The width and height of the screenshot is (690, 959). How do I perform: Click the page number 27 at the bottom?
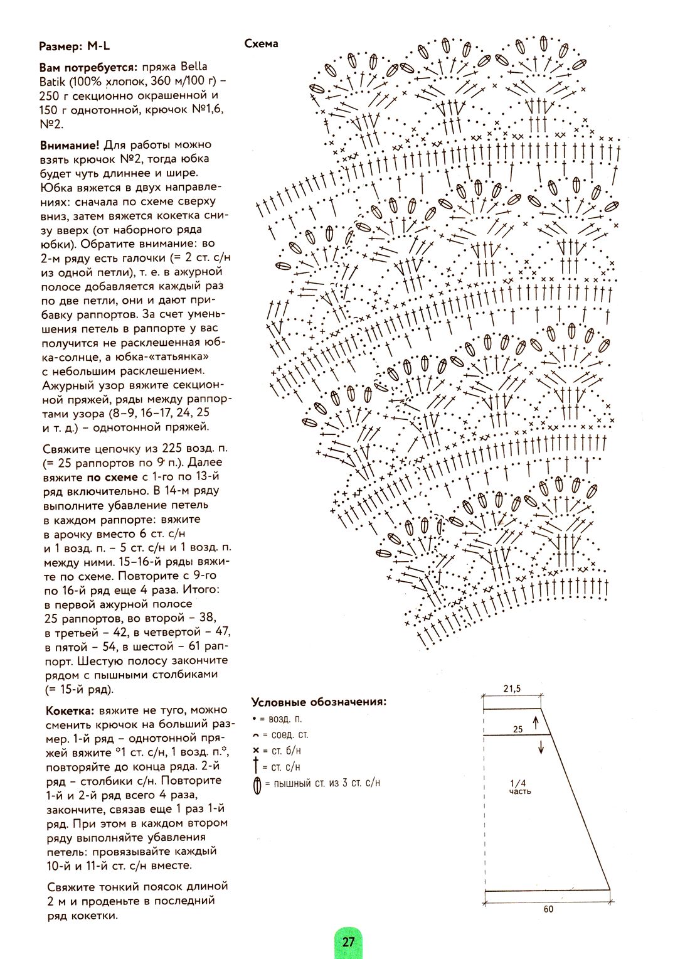tap(349, 941)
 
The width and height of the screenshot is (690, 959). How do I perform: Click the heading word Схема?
tap(261, 44)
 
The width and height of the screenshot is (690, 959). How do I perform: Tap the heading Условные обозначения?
tap(319, 702)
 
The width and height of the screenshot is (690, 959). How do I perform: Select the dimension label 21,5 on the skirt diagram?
tap(512, 688)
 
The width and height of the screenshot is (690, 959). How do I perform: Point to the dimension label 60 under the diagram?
tap(548, 909)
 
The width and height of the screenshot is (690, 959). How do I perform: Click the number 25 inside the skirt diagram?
tap(517, 729)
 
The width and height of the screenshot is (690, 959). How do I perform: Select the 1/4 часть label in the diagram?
tap(519, 787)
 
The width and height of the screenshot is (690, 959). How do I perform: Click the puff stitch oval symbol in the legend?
tap(257, 785)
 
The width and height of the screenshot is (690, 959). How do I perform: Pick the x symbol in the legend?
tap(256, 751)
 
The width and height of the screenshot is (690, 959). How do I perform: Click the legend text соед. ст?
tap(289, 734)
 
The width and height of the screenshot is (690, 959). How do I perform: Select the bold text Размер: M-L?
tap(74, 46)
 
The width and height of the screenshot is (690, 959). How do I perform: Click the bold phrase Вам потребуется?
tap(88, 67)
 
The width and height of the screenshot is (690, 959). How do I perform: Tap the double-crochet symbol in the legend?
tap(256, 766)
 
